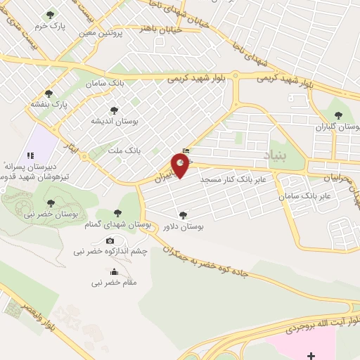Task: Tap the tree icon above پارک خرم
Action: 50,15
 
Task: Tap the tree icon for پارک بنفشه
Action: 48,93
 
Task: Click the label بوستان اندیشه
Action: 114,121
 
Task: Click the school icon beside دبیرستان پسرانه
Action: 29,155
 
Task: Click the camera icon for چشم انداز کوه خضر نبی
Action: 110,241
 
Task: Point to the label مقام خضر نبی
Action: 115,283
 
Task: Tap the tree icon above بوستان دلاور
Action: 184,215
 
